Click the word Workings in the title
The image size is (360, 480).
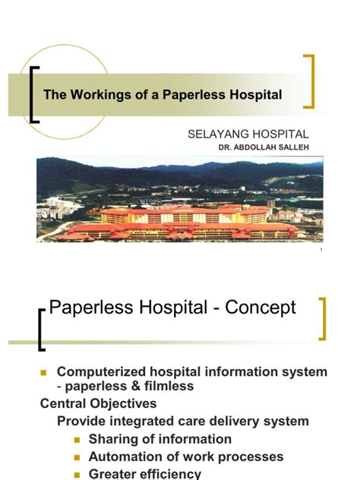click(93, 95)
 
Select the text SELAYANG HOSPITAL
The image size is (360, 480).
click(248, 134)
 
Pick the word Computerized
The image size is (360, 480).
click(104, 372)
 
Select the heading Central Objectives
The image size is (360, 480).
click(98, 403)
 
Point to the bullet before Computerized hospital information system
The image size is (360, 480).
click(43, 373)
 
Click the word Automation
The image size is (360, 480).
click(125, 456)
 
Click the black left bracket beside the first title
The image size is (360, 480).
click(34, 94)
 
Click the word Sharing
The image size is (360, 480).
click(112, 439)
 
